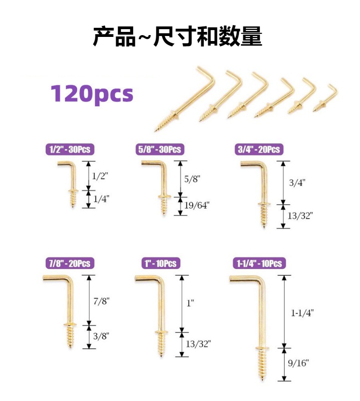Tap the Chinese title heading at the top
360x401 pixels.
pos(178,37)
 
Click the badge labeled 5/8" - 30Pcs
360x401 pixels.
pos(159,149)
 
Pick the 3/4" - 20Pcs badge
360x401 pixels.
pos(258,149)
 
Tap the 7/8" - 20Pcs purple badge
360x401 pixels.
pos(68,263)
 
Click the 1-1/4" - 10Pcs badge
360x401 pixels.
pos(259,263)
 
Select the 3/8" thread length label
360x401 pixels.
pos(102,336)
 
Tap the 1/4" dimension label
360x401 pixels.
pos(101,199)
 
